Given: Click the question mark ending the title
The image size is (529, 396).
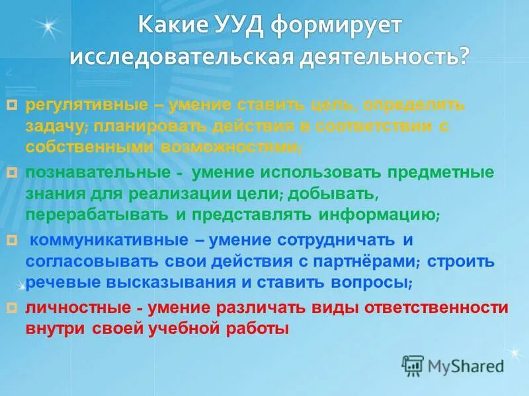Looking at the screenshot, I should pos(460,56).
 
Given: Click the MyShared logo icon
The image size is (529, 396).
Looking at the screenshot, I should pos(413,365).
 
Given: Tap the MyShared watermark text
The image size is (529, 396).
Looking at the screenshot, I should pos(466,366).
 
